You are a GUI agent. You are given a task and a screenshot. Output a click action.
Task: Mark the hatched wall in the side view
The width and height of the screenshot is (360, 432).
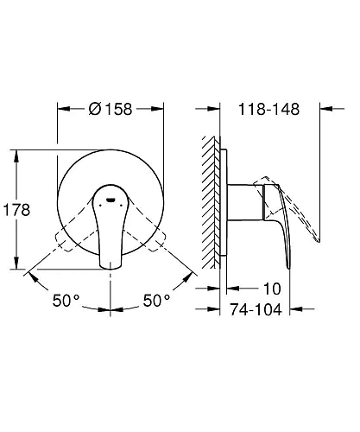(208, 207)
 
